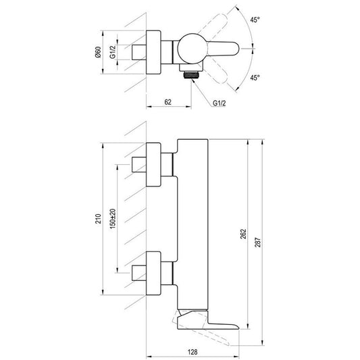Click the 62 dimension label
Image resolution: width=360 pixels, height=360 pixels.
(x=168, y=102)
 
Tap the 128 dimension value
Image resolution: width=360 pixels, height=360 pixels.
(x=192, y=352)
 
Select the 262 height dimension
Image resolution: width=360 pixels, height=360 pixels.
(x=243, y=234)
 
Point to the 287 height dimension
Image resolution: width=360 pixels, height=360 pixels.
(x=258, y=242)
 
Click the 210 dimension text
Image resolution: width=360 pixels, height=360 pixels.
(x=98, y=219)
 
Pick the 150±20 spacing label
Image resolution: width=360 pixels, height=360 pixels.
(x=113, y=219)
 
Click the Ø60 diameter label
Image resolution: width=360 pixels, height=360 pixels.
(x=98, y=52)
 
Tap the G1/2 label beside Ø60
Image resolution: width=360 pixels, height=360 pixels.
(x=112, y=52)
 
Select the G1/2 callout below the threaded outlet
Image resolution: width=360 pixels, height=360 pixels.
(x=220, y=103)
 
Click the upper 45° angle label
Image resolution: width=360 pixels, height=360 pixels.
(x=255, y=20)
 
